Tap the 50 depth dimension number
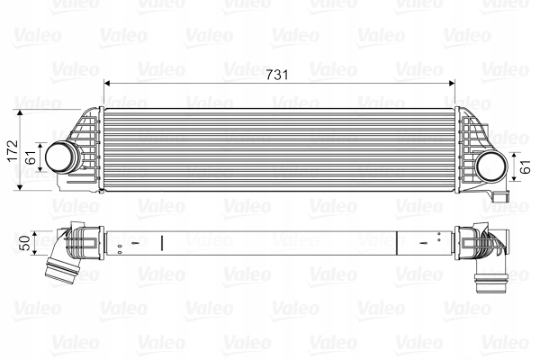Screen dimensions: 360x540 coord(24,242)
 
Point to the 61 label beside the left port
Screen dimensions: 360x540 coord(31,157)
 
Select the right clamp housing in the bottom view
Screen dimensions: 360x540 coord(469,244)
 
